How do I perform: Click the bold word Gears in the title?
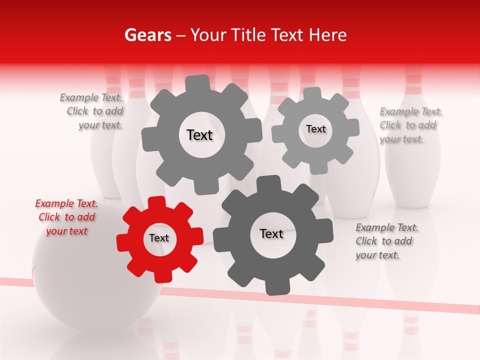[x=147, y=35]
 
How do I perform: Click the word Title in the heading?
[x=248, y=35]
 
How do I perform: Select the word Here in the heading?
[x=328, y=35]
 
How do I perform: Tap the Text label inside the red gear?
[x=159, y=238]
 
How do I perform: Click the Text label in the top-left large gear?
[x=199, y=135]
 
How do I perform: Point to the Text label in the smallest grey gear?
[x=315, y=129]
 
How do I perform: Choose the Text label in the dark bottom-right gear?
[x=271, y=233]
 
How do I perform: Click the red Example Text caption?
[x=66, y=217]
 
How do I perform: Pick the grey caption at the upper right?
[x=410, y=125]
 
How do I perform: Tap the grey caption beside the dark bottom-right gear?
[x=386, y=241]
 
